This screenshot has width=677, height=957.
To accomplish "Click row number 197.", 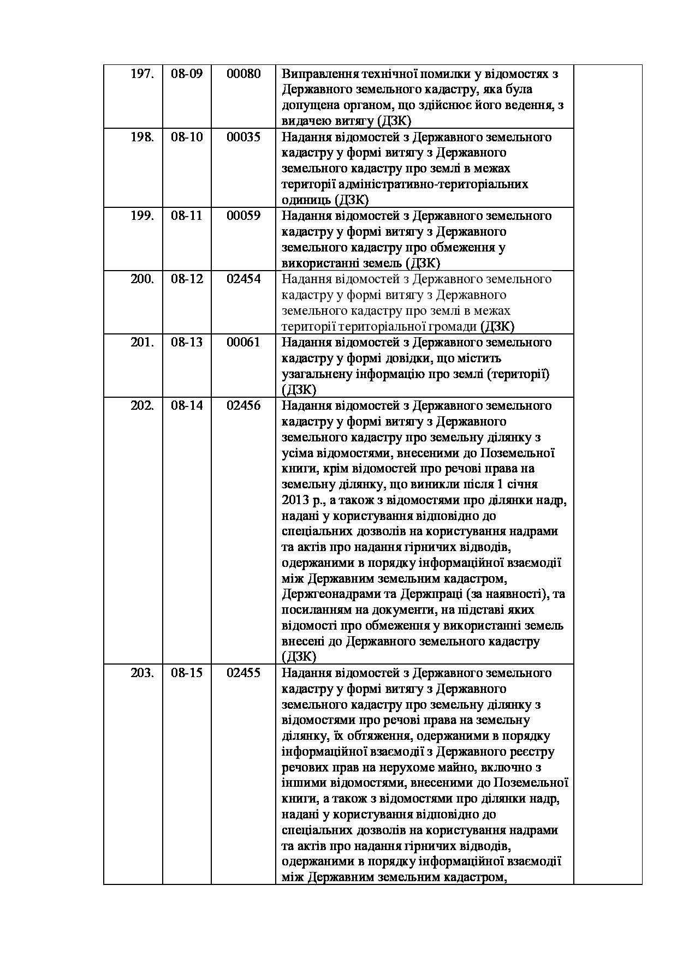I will click(142, 74).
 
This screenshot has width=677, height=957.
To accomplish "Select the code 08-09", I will click(187, 74).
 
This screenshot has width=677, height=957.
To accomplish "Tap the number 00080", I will click(244, 74).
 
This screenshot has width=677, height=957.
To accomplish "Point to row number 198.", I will click(142, 137).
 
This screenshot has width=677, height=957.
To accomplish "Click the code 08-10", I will click(187, 137).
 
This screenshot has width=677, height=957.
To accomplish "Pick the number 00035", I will click(244, 137).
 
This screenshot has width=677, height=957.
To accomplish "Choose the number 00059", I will click(244, 216).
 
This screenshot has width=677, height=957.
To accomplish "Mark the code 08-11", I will click(187, 216).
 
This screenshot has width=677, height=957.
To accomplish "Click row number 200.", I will click(142, 279).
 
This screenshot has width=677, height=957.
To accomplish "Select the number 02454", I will click(244, 279).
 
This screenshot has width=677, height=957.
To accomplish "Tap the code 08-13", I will click(187, 342).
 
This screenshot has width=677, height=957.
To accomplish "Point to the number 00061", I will click(244, 342).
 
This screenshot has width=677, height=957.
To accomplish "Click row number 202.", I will click(142, 405).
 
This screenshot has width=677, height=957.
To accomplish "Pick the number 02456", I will click(244, 405).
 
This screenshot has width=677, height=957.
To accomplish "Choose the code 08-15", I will click(187, 673).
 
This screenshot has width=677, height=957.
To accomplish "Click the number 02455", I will click(244, 673).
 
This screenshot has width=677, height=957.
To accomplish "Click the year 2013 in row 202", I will click(295, 500).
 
